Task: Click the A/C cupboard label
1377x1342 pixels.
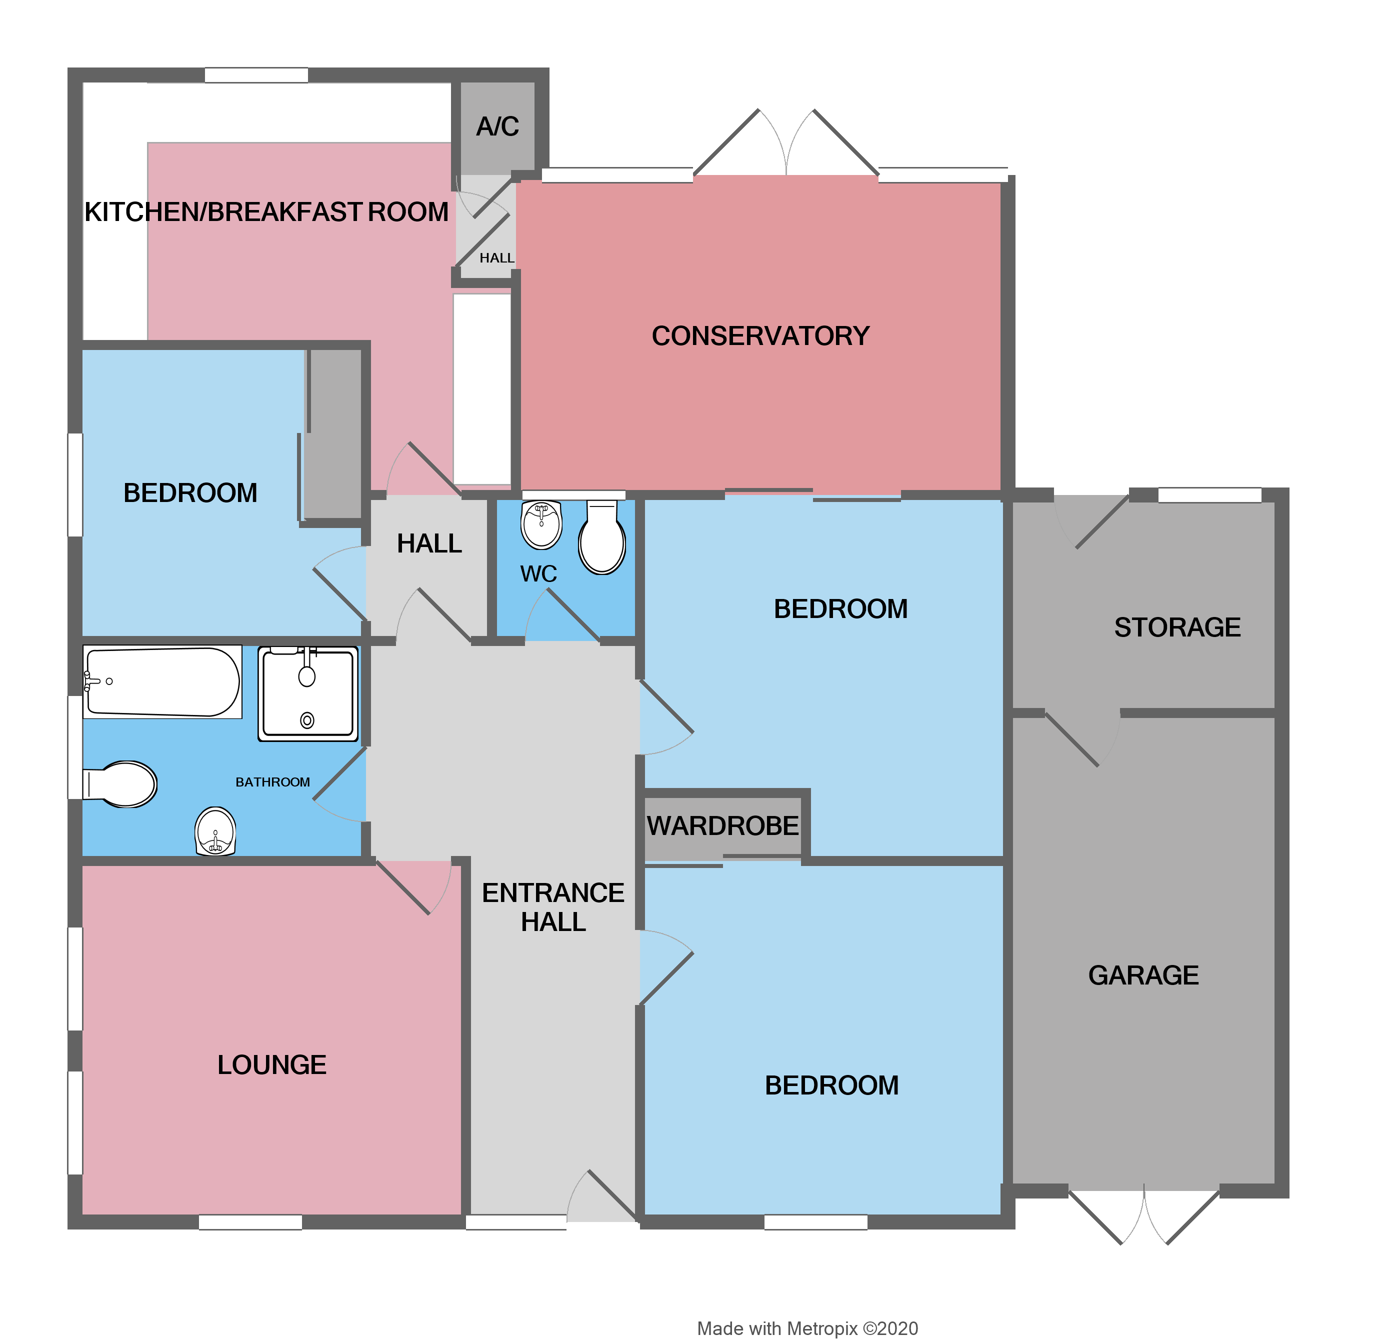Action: [497, 127]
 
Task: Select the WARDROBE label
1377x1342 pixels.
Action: [722, 826]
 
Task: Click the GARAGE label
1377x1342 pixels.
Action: [1142, 975]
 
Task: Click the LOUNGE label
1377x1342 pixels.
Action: [271, 1065]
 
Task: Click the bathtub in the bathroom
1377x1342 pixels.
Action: [162, 681]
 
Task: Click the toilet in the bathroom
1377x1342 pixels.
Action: [121, 784]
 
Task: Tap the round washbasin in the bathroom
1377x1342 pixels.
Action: [215, 831]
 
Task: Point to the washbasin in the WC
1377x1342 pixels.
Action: [540, 525]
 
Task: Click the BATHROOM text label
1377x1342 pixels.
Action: [272, 782]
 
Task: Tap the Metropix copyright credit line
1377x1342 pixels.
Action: [807, 1328]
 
